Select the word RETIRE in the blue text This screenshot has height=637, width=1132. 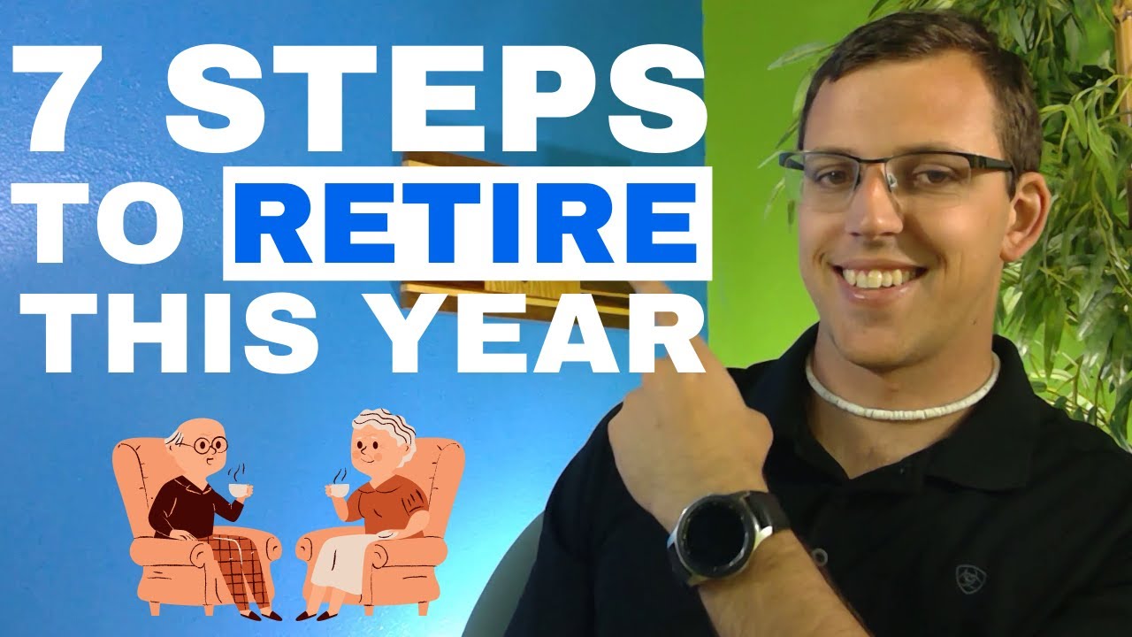click(467, 223)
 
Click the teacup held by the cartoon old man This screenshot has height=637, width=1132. click(237, 488)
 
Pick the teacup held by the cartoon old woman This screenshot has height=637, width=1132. click(336, 489)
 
